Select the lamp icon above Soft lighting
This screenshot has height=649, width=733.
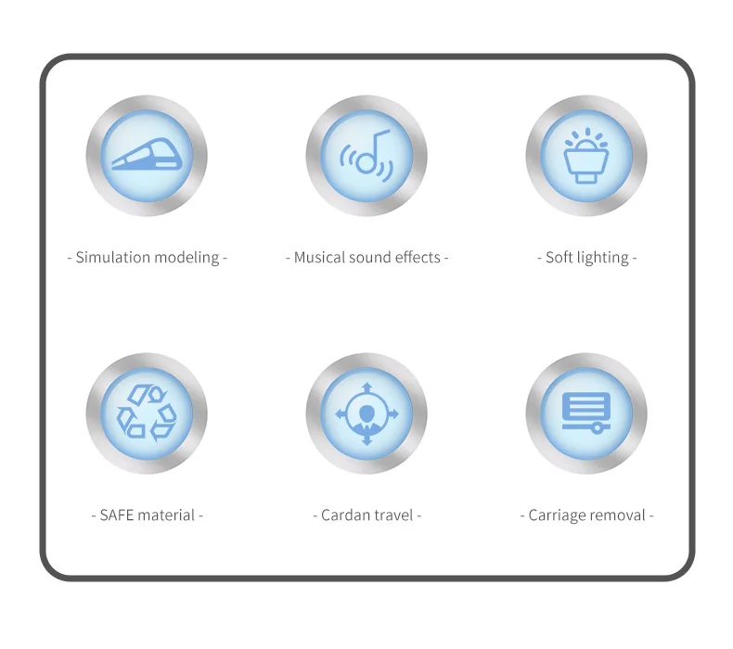click(x=586, y=155)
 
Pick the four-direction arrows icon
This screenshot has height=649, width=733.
click(x=366, y=414)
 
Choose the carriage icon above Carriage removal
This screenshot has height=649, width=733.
click(x=586, y=412)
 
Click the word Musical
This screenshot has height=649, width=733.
click(x=319, y=258)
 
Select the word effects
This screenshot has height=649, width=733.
click(x=418, y=258)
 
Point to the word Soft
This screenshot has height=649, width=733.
click(x=559, y=258)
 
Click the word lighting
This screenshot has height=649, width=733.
click(x=603, y=258)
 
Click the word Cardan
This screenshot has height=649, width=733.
click(x=345, y=515)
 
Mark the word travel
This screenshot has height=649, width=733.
click(x=393, y=515)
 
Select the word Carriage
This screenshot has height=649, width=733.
click(x=558, y=515)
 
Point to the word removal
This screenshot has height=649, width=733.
click(x=618, y=515)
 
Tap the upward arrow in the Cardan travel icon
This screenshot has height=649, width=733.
click(x=366, y=388)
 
